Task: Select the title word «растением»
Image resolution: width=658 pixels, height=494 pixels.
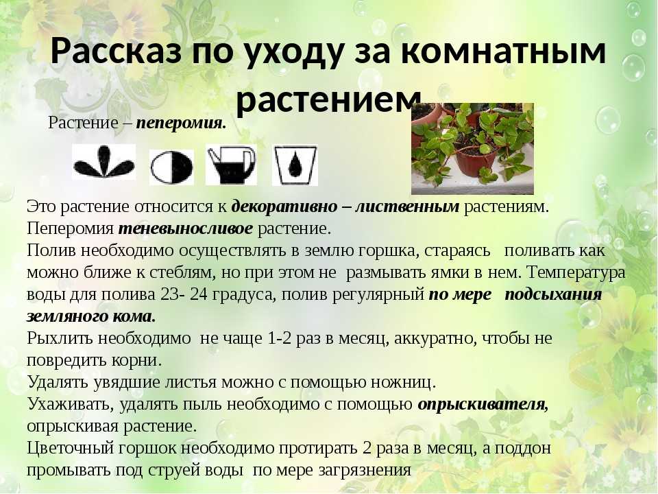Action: pos(328,101)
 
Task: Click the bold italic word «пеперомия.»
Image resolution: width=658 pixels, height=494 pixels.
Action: pos(181,123)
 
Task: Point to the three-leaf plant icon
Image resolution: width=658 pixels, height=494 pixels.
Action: pos(103,162)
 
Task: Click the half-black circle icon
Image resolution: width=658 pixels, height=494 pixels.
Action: pos(171,167)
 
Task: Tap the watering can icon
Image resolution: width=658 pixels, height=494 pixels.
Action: pos(231,165)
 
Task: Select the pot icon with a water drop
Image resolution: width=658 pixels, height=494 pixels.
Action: pos(295,165)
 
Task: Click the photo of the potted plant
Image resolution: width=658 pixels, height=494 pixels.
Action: pos(472,149)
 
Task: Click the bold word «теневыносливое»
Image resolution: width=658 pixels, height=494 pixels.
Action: pos(186,228)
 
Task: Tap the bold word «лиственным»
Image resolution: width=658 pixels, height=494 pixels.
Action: pos(407,207)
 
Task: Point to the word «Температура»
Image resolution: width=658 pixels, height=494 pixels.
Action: pos(576,272)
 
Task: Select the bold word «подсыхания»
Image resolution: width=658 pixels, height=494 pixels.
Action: pos(553,295)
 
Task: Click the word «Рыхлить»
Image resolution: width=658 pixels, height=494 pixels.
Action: pos(60,338)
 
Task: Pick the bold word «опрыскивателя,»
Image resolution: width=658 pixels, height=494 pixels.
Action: pos(483,405)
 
